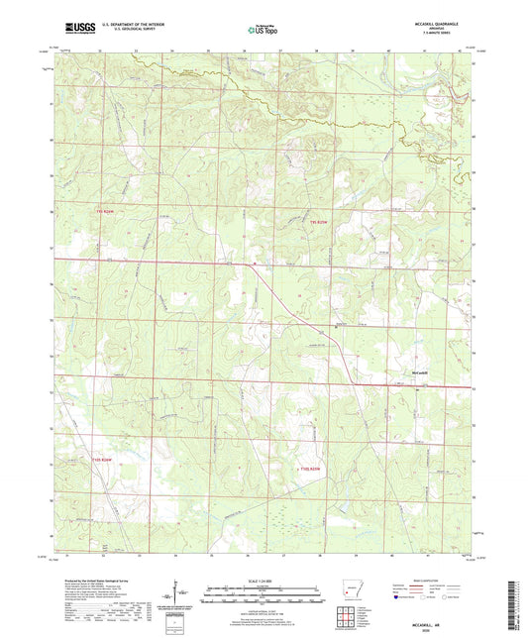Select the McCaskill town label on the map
click(422, 372)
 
